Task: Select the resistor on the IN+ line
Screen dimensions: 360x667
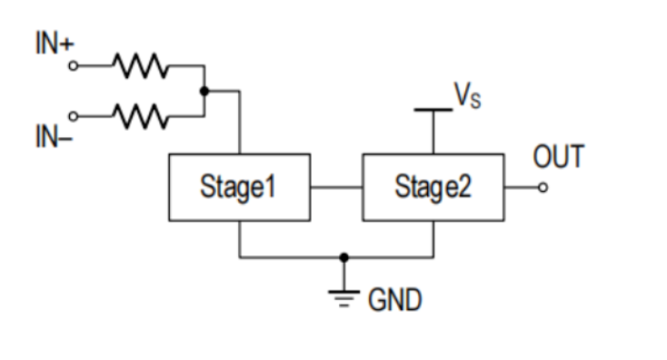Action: pyautogui.click(x=137, y=65)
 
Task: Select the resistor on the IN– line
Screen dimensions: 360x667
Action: pyautogui.click(x=137, y=116)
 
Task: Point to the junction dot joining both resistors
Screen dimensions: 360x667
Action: pyautogui.click(x=206, y=91)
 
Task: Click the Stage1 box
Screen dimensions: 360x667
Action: pyautogui.click(x=239, y=187)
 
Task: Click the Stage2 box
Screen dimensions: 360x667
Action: pyautogui.click(x=433, y=187)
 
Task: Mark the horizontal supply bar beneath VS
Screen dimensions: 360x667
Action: pyautogui.click(x=433, y=110)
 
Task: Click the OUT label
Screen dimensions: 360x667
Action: pyautogui.click(x=559, y=157)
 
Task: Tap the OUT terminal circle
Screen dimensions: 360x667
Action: pyautogui.click(x=543, y=188)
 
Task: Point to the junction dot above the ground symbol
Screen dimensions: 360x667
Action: pyautogui.click(x=343, y=257)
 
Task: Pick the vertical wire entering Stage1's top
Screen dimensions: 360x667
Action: pyautogui.click(x=239, y=123)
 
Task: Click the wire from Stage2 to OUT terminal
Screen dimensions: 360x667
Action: pyautogui.click(x=520, y=188)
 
